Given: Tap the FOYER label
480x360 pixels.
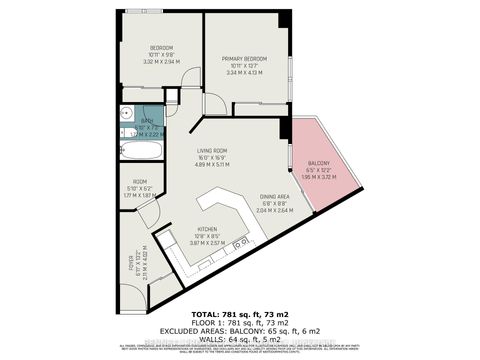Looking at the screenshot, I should [127, 264].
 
